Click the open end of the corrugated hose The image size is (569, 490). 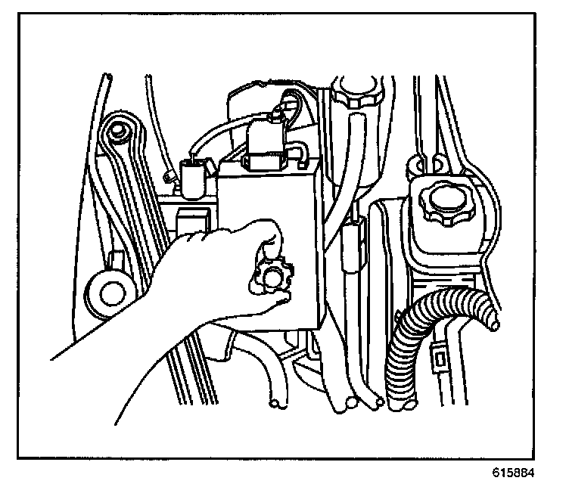pyautogui.click(x=493, y=323)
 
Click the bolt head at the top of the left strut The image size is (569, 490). pyautogui.click(x=117, y=132)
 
